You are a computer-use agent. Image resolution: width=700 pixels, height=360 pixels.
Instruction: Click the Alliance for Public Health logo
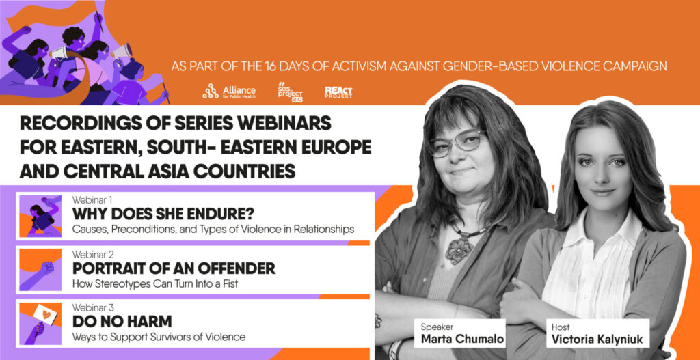tap(229, 91)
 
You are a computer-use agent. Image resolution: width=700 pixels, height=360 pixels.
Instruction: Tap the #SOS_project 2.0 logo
tap(290, 92)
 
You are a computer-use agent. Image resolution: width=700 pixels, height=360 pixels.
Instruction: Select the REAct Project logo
tap(338, 92)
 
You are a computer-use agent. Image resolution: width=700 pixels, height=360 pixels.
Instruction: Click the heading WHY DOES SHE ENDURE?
tap(163, 214)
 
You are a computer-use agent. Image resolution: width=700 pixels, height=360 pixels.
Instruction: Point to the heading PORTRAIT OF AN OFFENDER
tap(174, 268)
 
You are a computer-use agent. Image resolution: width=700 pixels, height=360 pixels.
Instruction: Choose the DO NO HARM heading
tap(122, 322)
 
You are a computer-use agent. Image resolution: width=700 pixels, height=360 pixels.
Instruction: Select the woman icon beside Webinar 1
tap(40, 215)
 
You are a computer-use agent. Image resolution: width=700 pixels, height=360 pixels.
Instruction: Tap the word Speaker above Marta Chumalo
tap(433, 327)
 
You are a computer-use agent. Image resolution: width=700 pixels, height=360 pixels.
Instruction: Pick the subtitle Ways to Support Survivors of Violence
tap(159, 337)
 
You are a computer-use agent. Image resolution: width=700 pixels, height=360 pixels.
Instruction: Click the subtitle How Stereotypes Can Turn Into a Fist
tap(155, 283)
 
